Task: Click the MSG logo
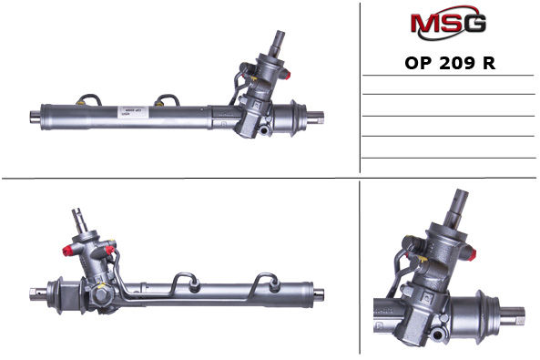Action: click(x=448, y=24)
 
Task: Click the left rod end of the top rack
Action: click(x=35, y=117)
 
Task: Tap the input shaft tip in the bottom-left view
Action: click(x=79, y=215)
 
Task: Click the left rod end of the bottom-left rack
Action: click(x=34, y=293)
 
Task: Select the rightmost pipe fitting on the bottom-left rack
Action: click(x=271, y=279)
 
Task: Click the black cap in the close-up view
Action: click(x=409, y=242)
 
